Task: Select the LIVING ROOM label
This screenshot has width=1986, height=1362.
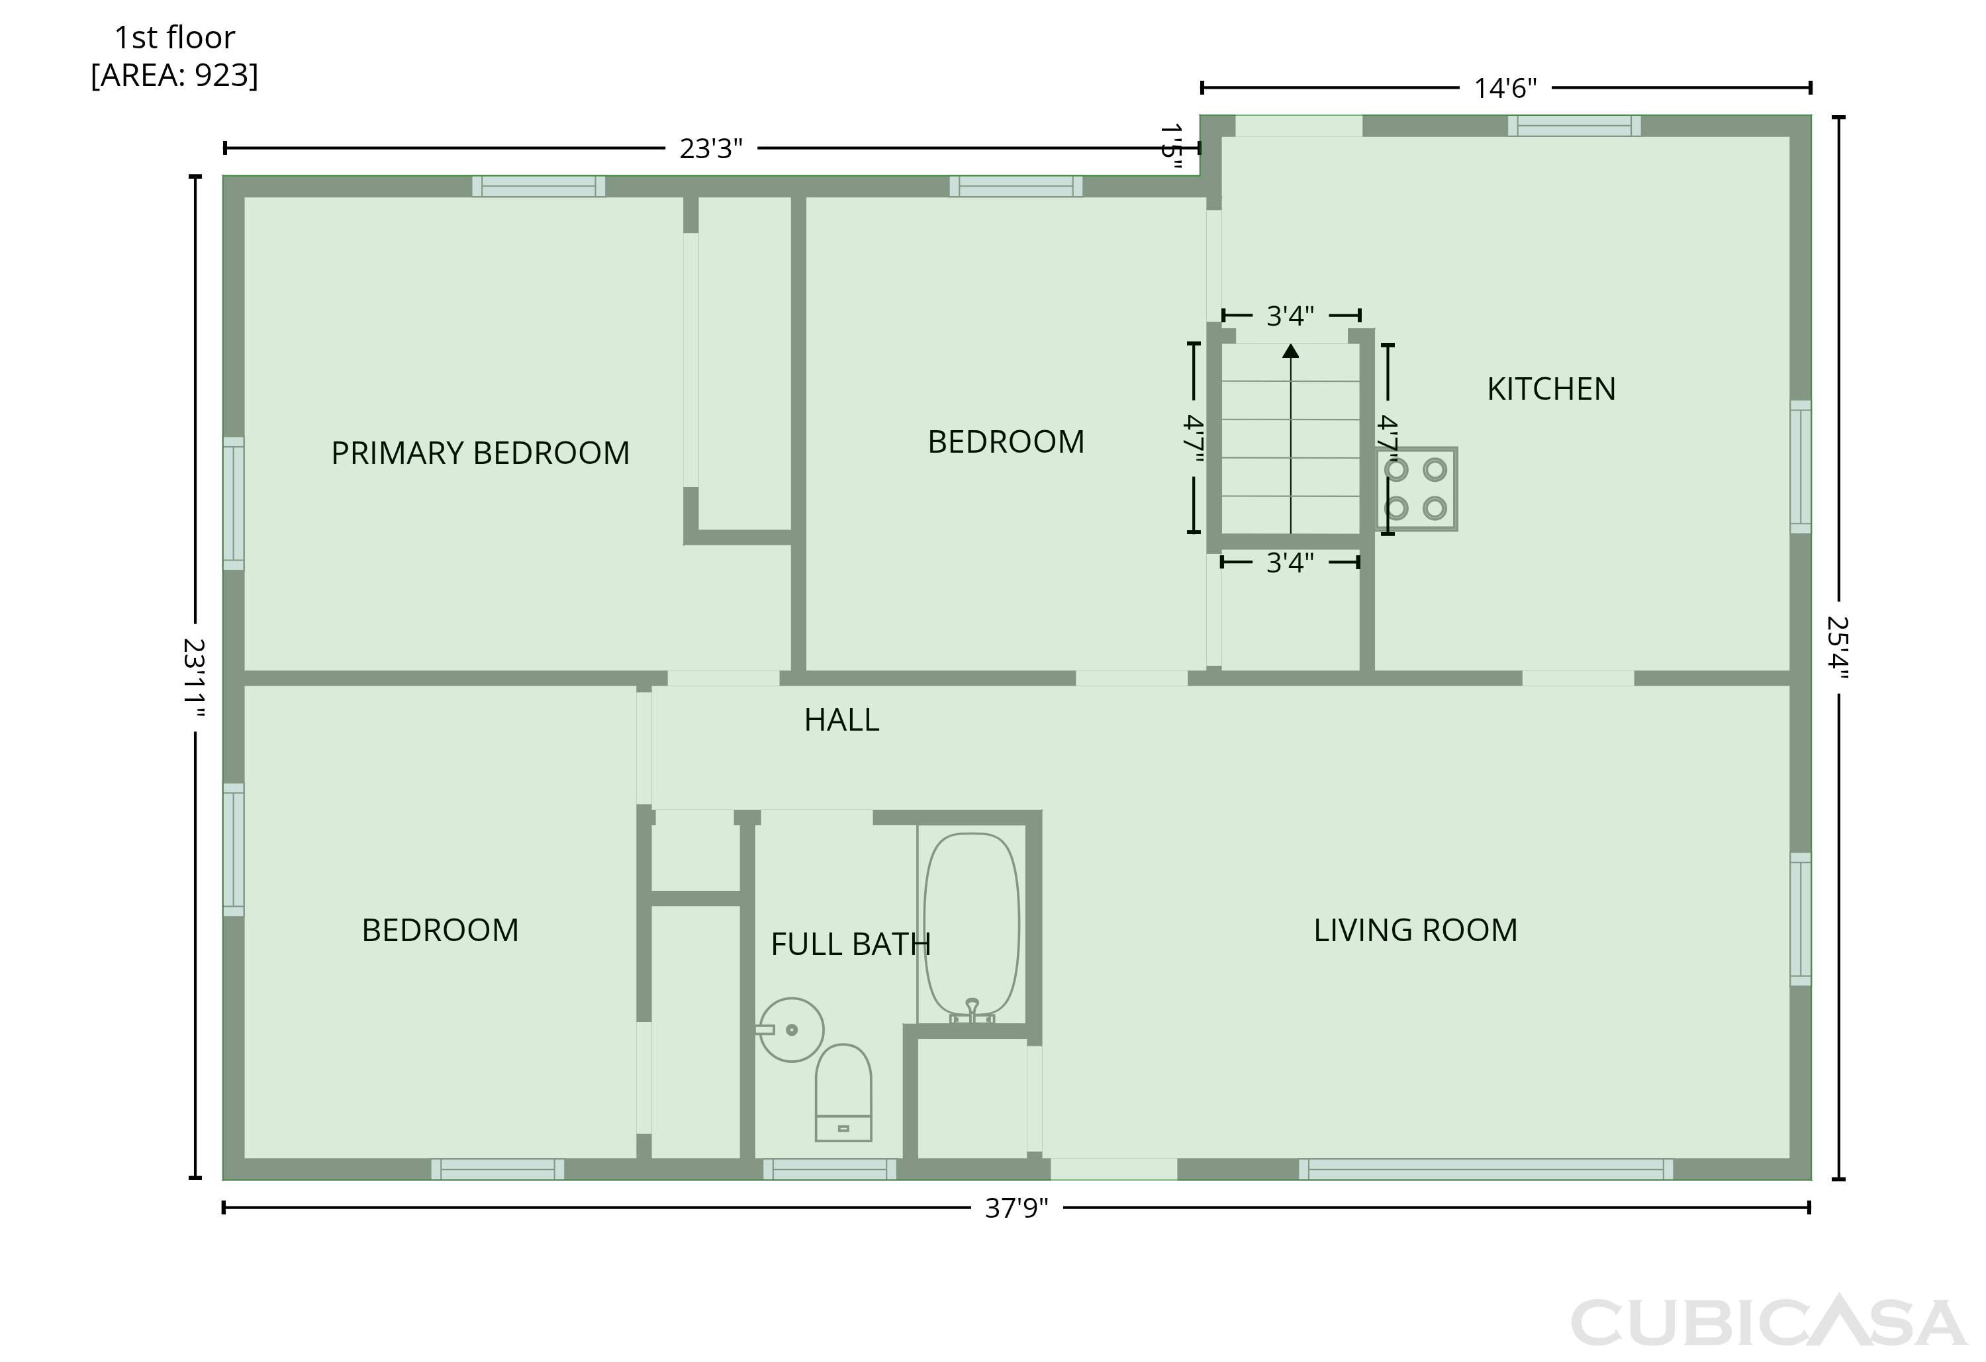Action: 1415,931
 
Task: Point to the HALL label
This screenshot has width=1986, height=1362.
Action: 842,720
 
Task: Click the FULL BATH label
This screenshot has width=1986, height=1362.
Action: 850,944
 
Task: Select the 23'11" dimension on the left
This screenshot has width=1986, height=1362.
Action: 195,678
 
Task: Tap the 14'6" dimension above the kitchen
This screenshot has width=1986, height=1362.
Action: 1505,88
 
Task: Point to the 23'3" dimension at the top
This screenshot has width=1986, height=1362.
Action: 711,149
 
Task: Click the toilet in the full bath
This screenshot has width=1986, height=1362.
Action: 843,1093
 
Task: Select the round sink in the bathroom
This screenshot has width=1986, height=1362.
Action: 791,1030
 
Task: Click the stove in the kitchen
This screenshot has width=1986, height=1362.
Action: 1416,489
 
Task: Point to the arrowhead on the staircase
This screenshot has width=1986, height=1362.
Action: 1290,350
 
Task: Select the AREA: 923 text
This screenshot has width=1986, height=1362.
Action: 174,75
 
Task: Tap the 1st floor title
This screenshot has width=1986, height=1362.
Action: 174,38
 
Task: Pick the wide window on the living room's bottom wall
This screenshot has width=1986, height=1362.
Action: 1486,1169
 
